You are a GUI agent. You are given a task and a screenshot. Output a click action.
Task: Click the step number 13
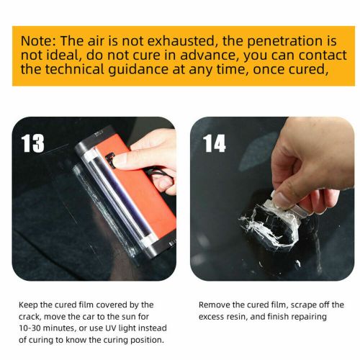(x=33, y=143)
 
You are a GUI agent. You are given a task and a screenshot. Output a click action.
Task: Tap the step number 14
(x=214, y=143)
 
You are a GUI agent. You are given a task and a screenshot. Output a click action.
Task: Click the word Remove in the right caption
(x=214, y=305)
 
